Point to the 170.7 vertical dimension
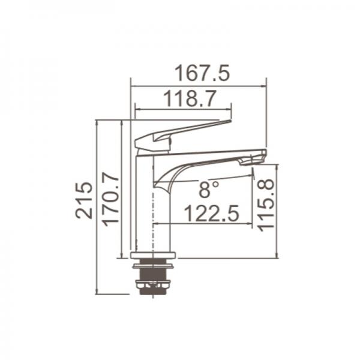coord(110,198)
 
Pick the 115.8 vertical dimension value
coord(266,205)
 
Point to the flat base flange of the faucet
coord(153,256)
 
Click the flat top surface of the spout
coord(204,152)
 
